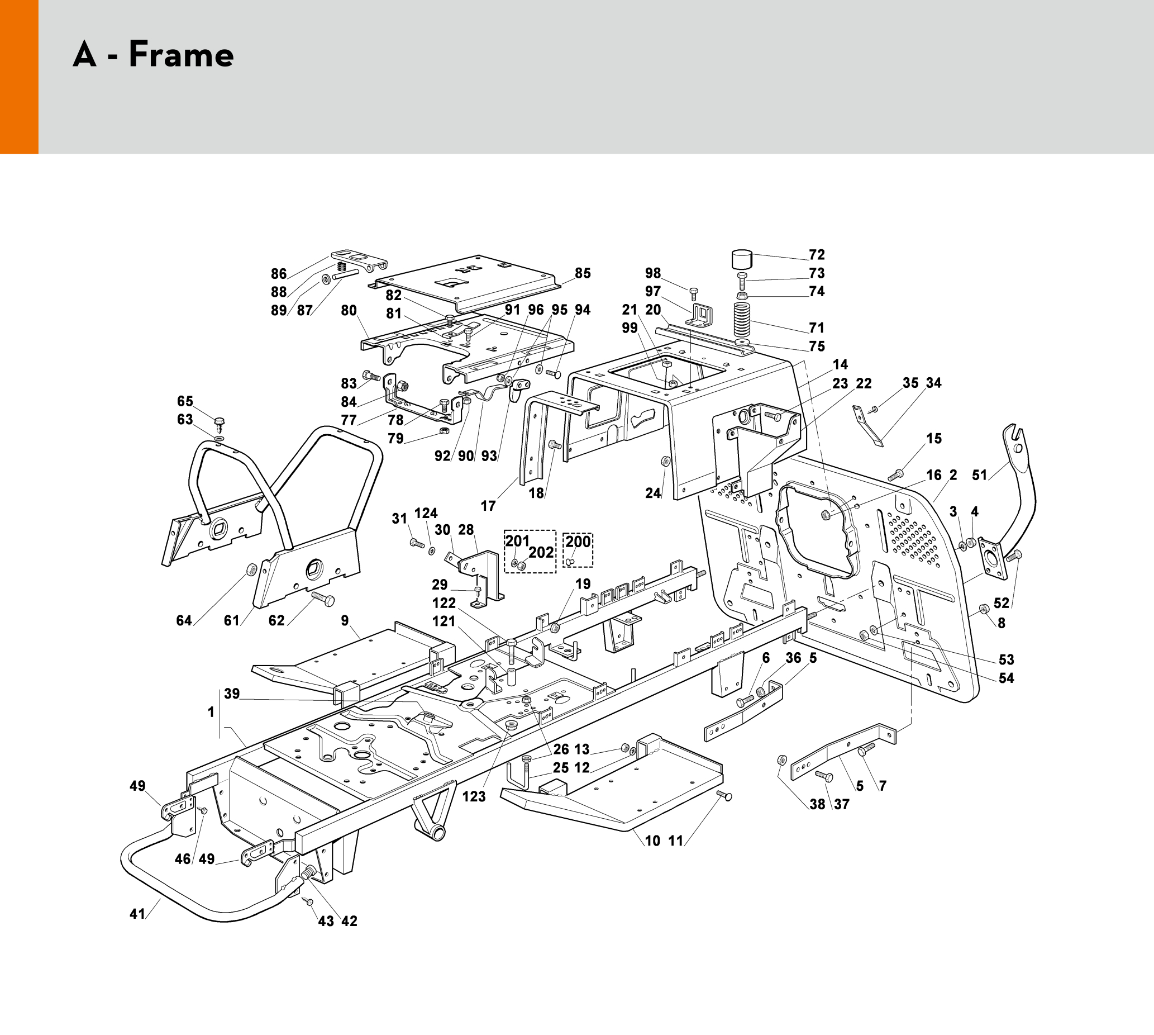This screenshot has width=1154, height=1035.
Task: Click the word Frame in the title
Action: click(182, 55)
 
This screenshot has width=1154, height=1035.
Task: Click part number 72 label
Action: click(817, 255)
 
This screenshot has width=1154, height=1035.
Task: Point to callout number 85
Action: click(583, 273)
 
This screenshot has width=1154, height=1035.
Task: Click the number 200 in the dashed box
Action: click(578, 542)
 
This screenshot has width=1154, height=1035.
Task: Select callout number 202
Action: click(541, 552)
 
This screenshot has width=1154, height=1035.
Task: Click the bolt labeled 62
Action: click(323, 599)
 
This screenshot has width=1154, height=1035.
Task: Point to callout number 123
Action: click(474, 797)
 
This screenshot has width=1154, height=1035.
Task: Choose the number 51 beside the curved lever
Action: click(980, 475)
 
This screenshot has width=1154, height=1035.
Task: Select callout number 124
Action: click(426, 514)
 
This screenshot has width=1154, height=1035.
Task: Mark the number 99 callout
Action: click(630, 328)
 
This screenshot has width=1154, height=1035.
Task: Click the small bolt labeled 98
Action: click(693, 293)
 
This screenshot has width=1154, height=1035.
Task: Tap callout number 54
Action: click(1006, 678)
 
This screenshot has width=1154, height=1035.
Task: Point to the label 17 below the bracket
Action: click(488, 506)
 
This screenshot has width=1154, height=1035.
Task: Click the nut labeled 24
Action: click(666, 460)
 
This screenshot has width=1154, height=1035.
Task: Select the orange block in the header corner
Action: click(20, 77)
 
